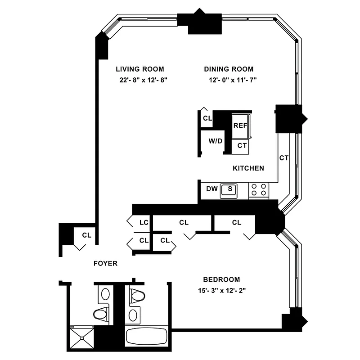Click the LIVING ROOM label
[139, 69]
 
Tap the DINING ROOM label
[229, 69]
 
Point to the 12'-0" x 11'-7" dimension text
[229, 81]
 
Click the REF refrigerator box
[240, 125]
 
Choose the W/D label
[215, 141]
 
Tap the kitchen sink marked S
[230, 189]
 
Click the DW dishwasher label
[211, 189]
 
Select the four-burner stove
[259, 189]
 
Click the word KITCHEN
[248, 168]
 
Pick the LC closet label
[144, 222]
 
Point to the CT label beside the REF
[242, 145]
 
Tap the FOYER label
[105, 264]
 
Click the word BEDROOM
[221, 279]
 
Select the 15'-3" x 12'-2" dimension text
[221, 291]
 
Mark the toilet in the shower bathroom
[102, 314]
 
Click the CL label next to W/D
[207, 118]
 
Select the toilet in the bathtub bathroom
[137, 296]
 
